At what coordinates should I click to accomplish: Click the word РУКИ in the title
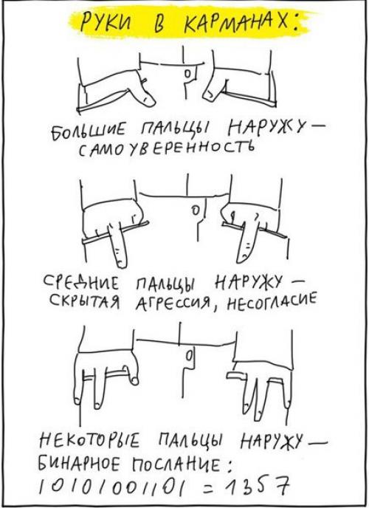(106, 23)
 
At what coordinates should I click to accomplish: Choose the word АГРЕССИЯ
(173, 304)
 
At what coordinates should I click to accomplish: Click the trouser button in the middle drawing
(195, 209)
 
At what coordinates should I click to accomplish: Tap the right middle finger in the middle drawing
(247, 241)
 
